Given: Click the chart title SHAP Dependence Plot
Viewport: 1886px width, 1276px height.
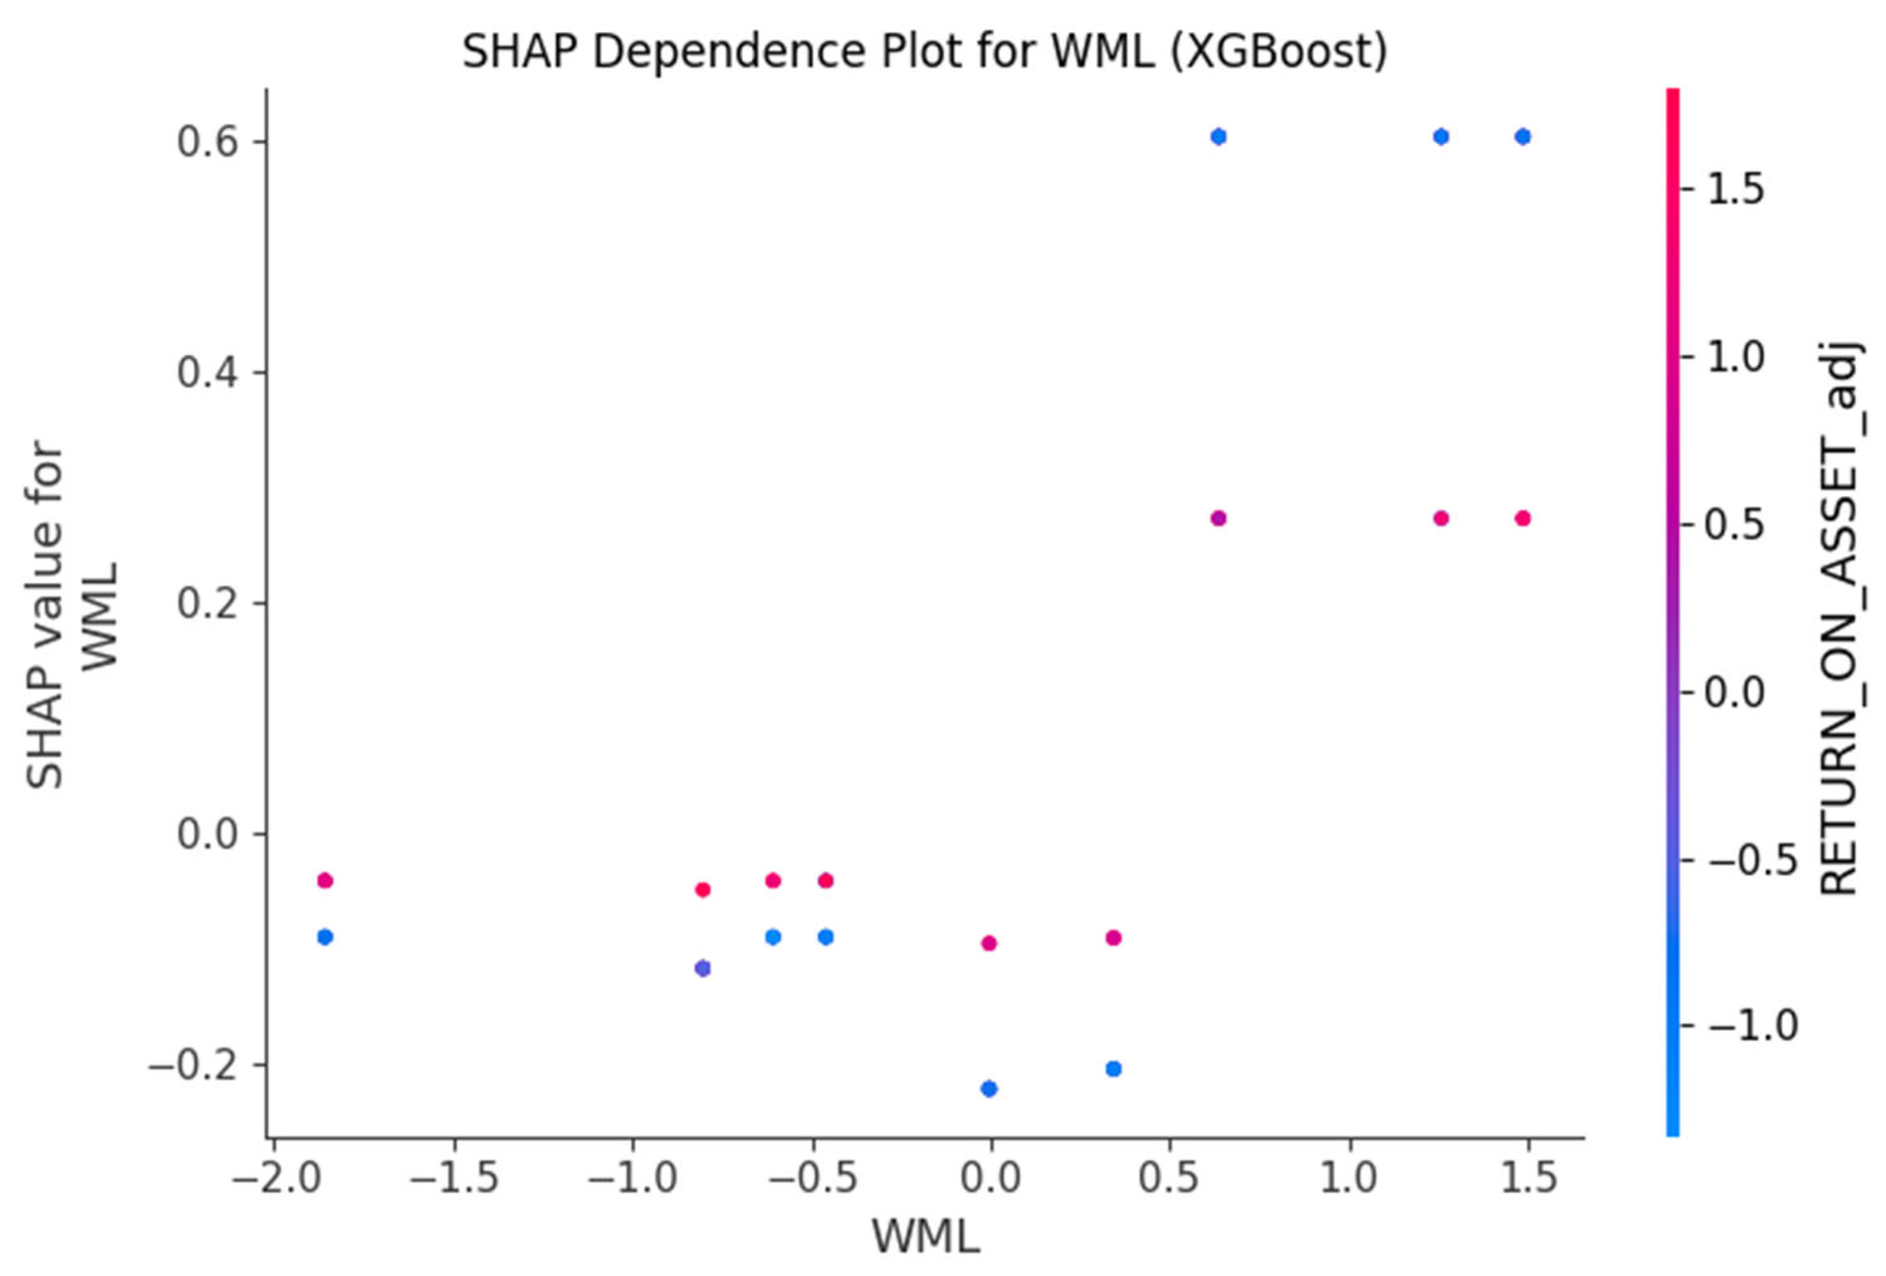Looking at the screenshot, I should [x=924, y=52].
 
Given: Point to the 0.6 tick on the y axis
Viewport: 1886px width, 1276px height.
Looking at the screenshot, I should [x=210, y=142].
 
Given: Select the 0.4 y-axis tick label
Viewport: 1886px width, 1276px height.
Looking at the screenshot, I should [x=210, y=373].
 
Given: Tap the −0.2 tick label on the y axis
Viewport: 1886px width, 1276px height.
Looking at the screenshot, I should [x=195, y=1064].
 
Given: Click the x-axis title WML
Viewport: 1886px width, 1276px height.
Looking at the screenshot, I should [x=925, y=1238].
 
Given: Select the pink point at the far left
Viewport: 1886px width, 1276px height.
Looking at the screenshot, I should [x=326, y=881].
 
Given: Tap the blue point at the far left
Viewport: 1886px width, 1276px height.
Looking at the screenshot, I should [x=326, y=937].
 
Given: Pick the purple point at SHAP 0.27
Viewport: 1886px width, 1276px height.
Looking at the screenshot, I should [x=1218, y=518].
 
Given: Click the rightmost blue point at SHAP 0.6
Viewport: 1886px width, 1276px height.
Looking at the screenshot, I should [x=1522, y=136].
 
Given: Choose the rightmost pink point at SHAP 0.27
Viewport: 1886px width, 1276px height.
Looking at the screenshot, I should [x=1522, y=518].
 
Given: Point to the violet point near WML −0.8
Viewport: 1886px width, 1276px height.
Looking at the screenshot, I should [x=703, y=969].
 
